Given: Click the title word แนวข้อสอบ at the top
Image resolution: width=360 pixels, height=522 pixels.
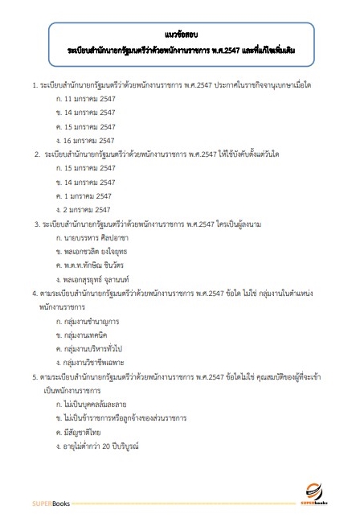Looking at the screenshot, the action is [x=180, y=35].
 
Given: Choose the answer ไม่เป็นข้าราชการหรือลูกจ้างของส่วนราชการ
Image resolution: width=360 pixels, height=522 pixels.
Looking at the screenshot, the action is [x=121, y=418].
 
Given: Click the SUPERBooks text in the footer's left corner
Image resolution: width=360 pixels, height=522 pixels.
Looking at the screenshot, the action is [x=51, y=504].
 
